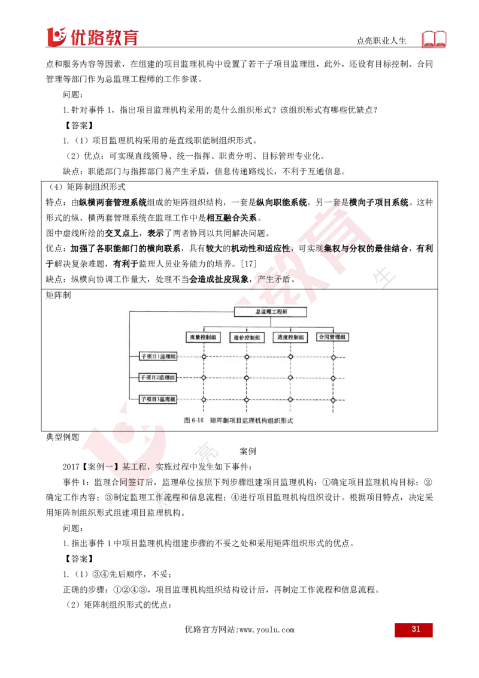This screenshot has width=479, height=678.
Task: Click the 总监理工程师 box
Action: (x=270, y=312)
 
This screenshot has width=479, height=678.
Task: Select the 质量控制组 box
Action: (x=203, y=337)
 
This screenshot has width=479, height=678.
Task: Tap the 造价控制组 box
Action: (x=247, y=337)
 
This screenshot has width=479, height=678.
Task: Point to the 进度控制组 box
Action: (x=290, y=337)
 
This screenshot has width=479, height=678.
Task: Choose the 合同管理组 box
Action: (x=333, y=337)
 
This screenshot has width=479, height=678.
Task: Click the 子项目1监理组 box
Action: (x=158, y=357)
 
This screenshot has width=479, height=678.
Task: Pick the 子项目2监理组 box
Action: (x=158, y=378)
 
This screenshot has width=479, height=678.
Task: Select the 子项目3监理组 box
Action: (x=158, y=399)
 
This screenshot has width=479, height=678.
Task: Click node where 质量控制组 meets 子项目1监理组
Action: (x=204, y=357)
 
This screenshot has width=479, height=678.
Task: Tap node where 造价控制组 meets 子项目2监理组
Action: (x=247, y=378)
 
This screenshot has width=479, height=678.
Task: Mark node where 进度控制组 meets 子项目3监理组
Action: (x=290, y=399)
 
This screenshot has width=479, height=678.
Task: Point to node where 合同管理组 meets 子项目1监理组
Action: (x=334, y=357)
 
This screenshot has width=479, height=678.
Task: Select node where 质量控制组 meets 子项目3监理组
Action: (x=204, y=399)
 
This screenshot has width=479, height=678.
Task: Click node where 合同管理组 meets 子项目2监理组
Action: (x=334, y=378)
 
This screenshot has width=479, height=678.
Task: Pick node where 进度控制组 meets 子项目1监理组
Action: (x=290, y=357)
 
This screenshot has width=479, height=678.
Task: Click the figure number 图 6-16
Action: (x=195, y=420)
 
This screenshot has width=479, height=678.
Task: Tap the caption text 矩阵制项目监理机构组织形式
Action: (x=252, y=420)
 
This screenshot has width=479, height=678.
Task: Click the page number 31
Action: (x=414, y=630)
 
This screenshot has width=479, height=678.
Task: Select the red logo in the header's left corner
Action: (x=91, y=36)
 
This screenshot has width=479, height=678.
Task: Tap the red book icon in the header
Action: (x=435, y=39)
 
